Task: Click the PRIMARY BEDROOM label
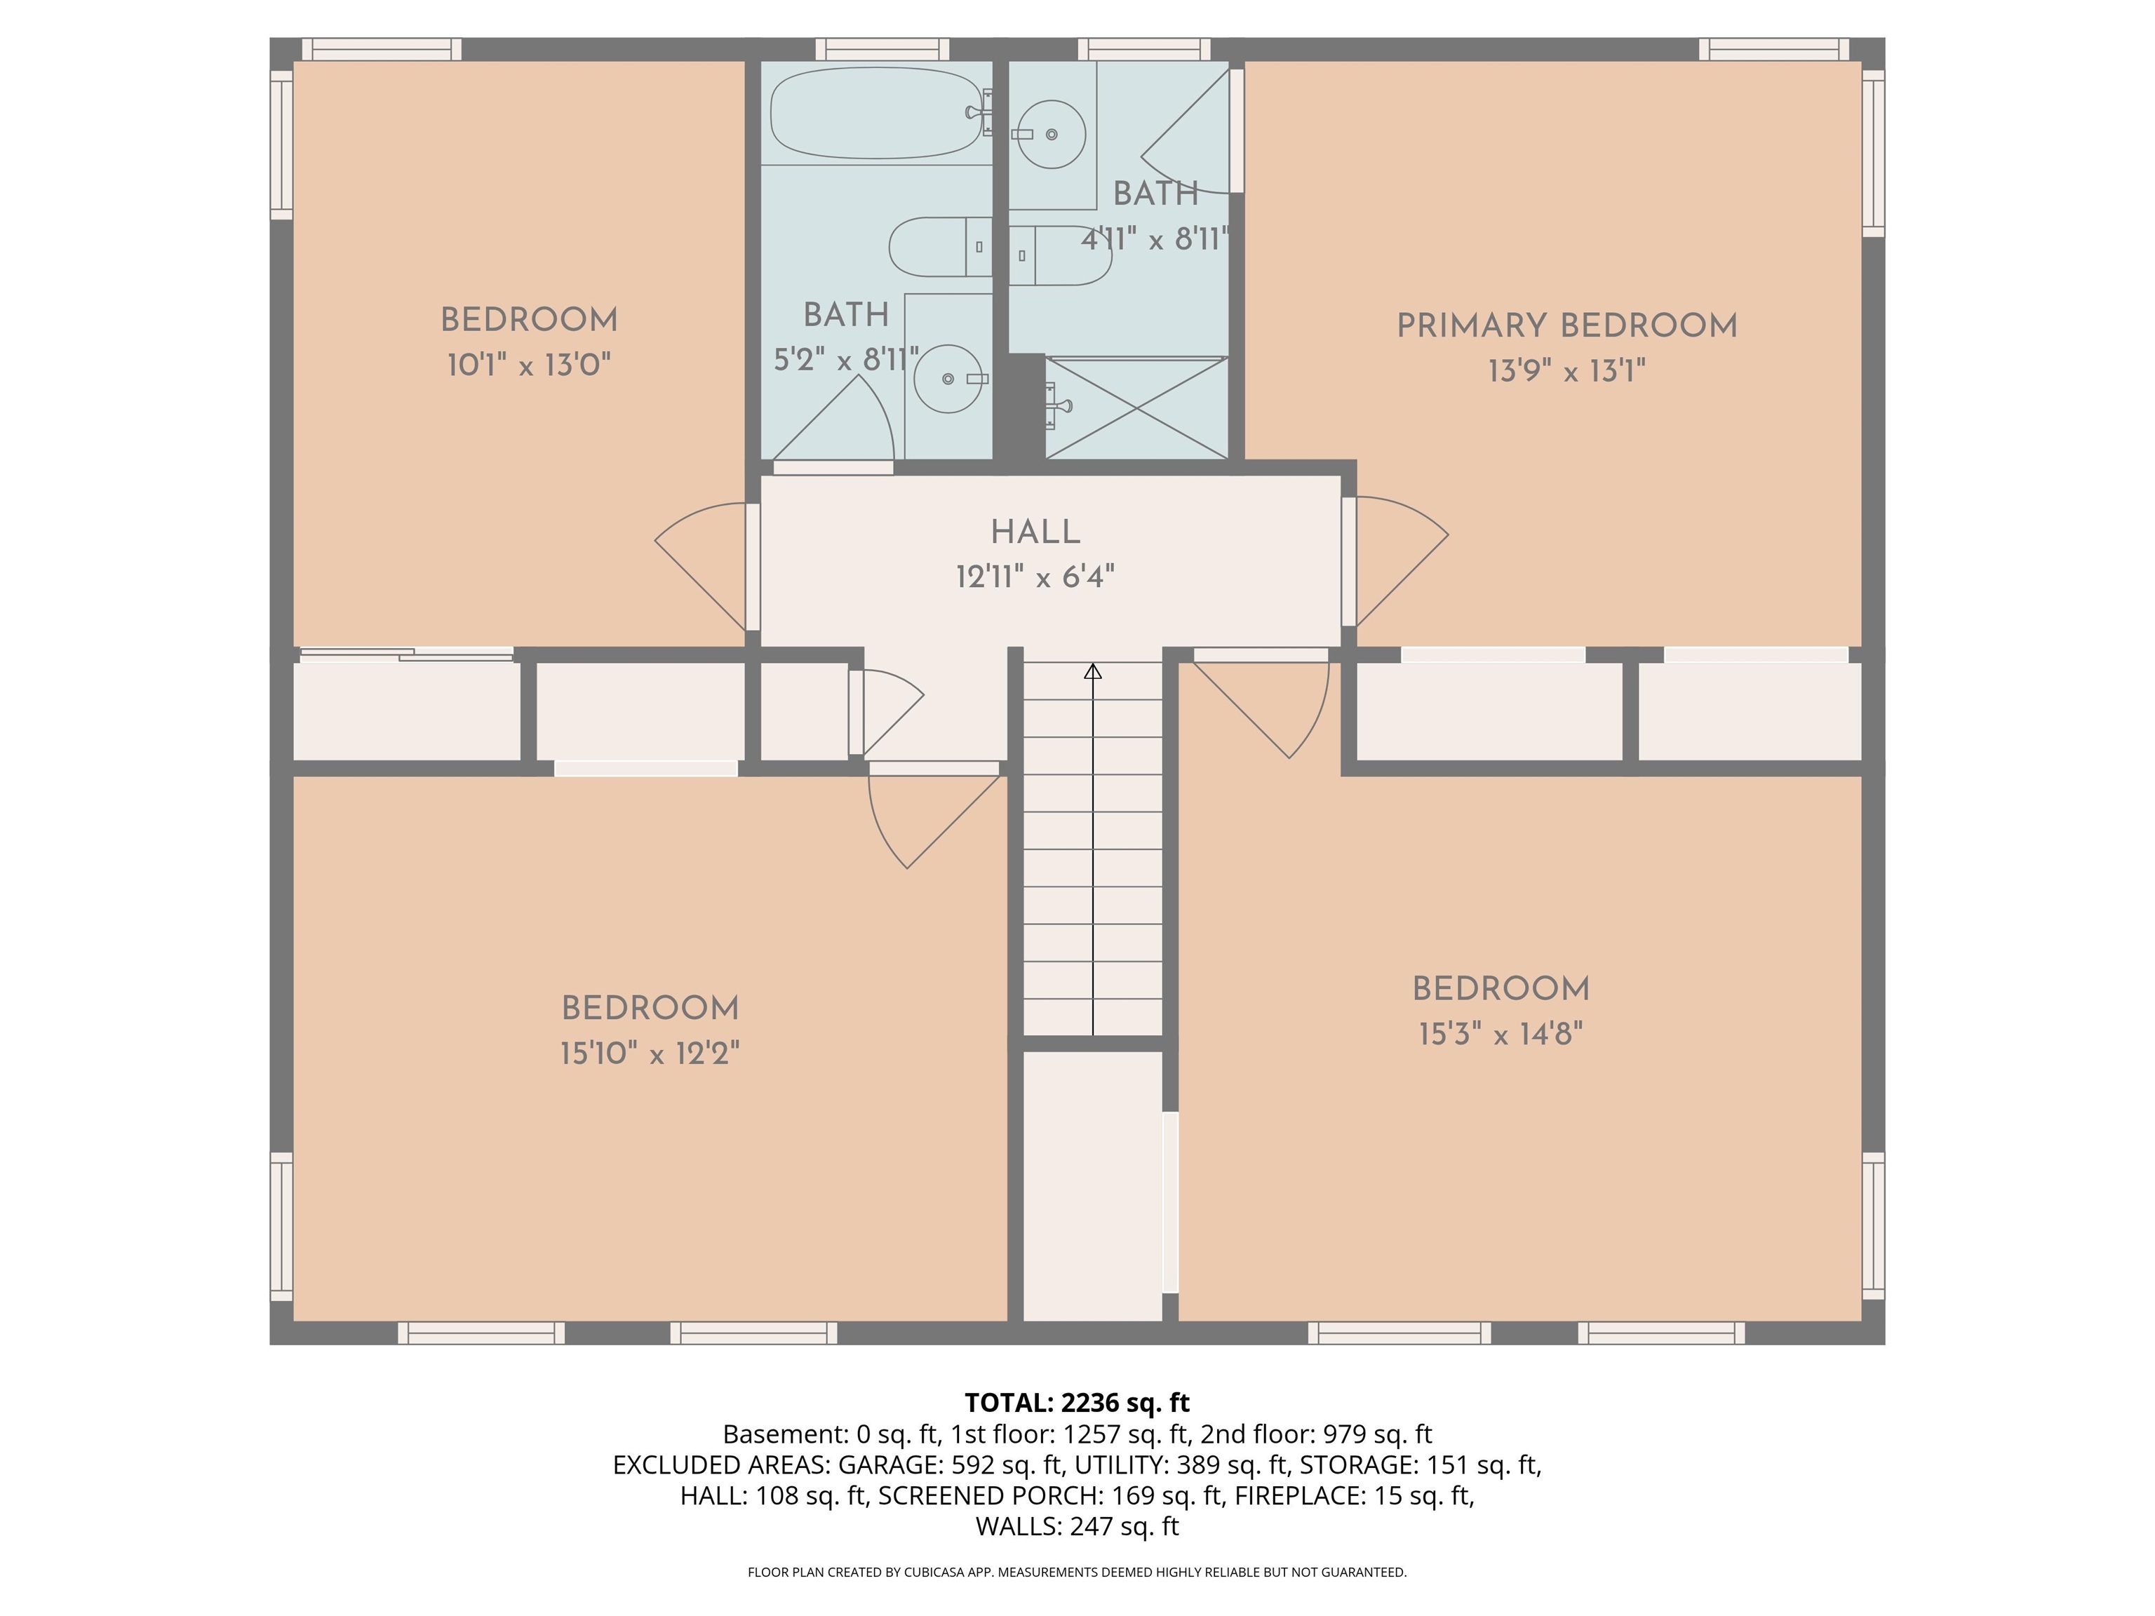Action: [1566, 326]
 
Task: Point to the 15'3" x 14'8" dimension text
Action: [1501, 1034]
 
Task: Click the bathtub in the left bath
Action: [874, 113]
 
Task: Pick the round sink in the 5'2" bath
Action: [947, 378]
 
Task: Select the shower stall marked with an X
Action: [1136, 408]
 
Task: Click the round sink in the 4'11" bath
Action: [1052, 133]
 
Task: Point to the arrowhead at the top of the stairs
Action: [1093, 671]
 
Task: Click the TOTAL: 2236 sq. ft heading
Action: [1077, 1403]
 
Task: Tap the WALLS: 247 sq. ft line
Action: [1077, 1526]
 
